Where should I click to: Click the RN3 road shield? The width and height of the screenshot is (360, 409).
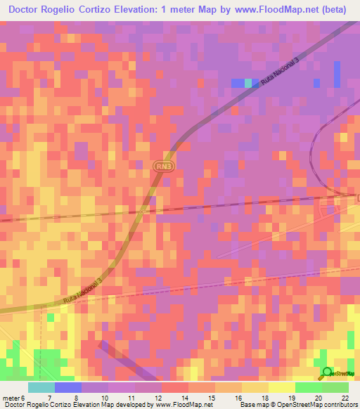pyautogui.click(x=164, y=165)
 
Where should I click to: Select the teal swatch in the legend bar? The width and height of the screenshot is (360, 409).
pyautogui.click(x=41, y=387)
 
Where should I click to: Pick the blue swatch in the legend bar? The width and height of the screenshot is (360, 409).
pyautogui.click(x=68, y=387)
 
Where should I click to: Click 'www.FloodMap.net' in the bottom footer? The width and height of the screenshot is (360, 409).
pyautogui.click(x=184, y=404)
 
